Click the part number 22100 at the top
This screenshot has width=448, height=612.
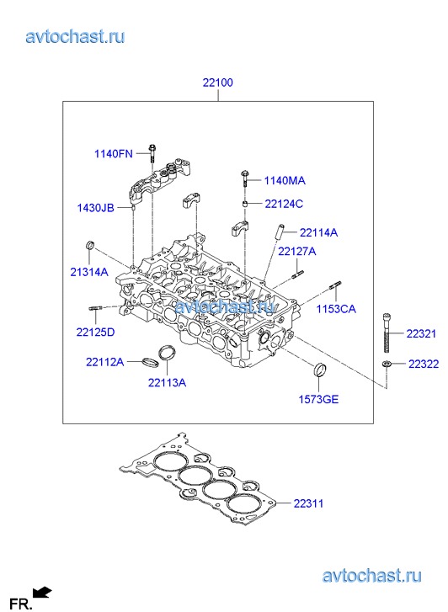[217, 82]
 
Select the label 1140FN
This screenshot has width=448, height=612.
[114, 154]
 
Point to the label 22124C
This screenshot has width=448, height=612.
[284, 204]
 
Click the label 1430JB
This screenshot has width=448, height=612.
[96, 208]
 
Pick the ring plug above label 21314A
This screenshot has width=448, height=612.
[90, 246]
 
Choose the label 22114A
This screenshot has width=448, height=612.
[318, 232]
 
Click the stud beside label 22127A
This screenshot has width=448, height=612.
[297, 274]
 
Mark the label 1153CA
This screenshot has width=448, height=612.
[336, 309]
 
